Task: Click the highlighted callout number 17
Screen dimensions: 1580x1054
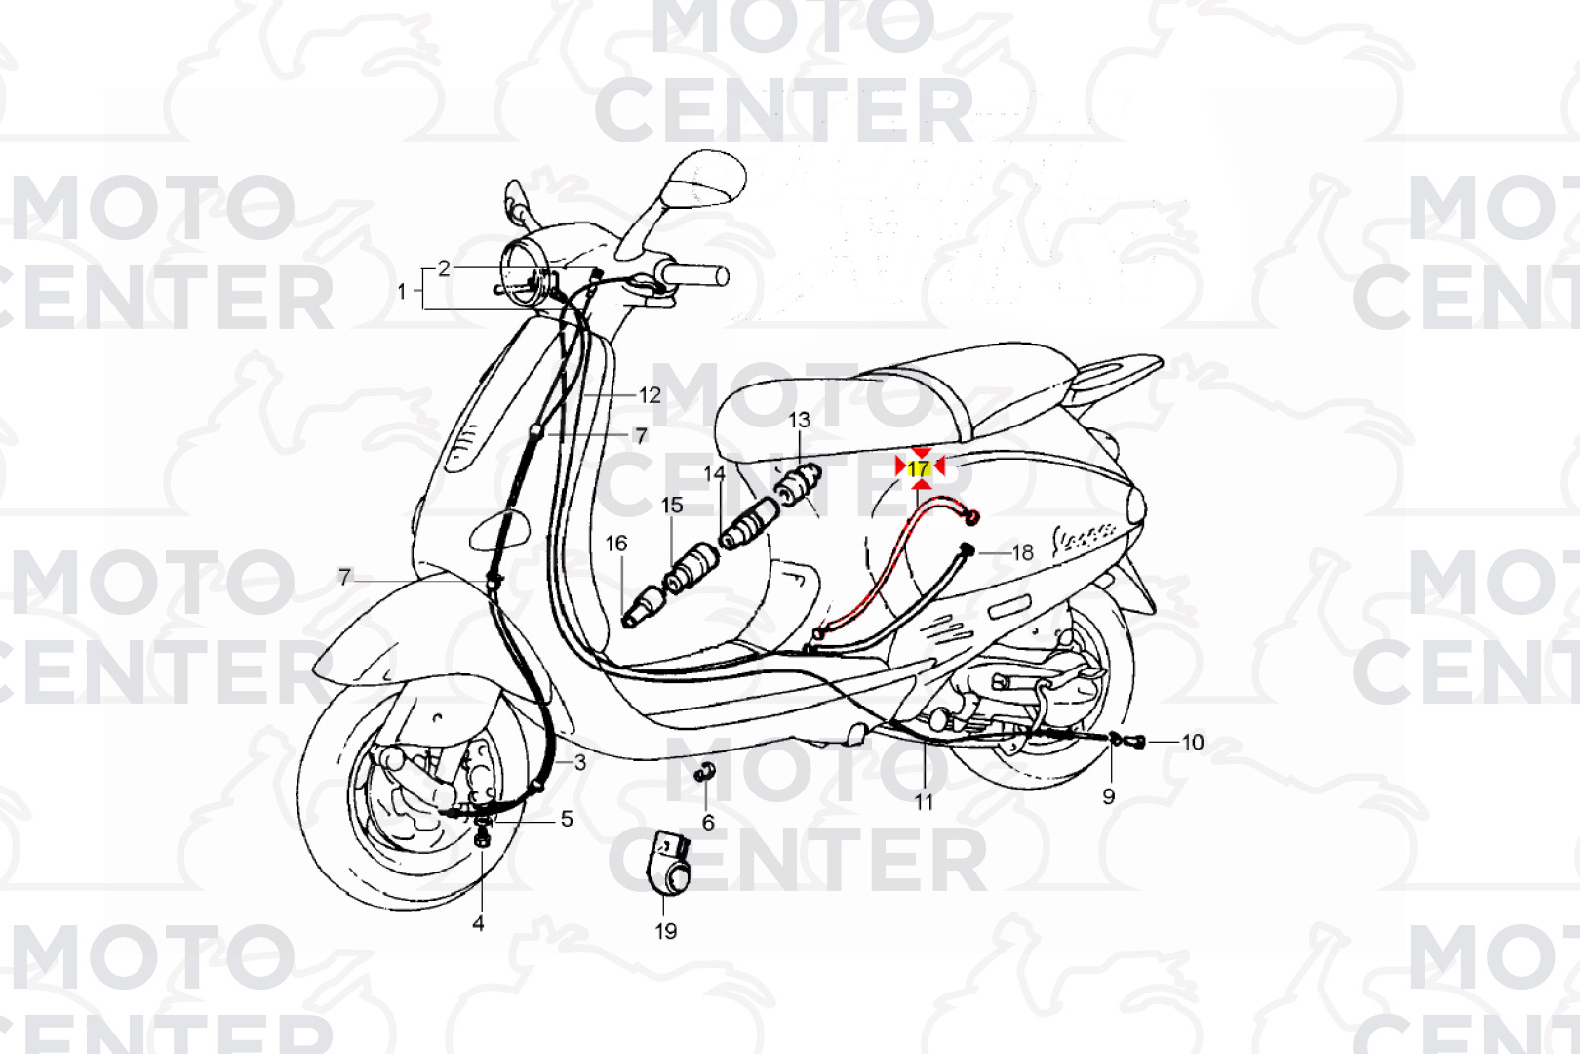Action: (919, 468)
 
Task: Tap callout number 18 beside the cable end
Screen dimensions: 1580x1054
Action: (1023, 552)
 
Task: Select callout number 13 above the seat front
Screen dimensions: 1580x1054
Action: (799, 420)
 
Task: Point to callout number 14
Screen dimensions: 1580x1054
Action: (715, 473)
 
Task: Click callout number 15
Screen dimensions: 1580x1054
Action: (672, 505)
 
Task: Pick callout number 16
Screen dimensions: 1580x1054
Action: (616, 543)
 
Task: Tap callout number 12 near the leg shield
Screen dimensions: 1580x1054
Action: (650, 395)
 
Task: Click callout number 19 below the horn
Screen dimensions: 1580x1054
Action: (666, 931)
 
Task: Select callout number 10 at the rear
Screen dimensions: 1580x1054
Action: (1193, 742)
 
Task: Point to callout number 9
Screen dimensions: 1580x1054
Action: (1109, 796)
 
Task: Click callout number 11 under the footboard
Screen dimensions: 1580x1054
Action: (924, 802)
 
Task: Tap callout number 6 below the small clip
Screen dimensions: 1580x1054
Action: (708, 823)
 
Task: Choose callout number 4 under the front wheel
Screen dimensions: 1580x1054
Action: (478, 922)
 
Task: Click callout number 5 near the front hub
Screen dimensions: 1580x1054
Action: (567, 819)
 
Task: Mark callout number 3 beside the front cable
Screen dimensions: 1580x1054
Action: (579, 762)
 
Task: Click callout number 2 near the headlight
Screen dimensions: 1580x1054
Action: (444, 268)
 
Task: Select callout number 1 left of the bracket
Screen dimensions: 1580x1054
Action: (402, 291)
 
